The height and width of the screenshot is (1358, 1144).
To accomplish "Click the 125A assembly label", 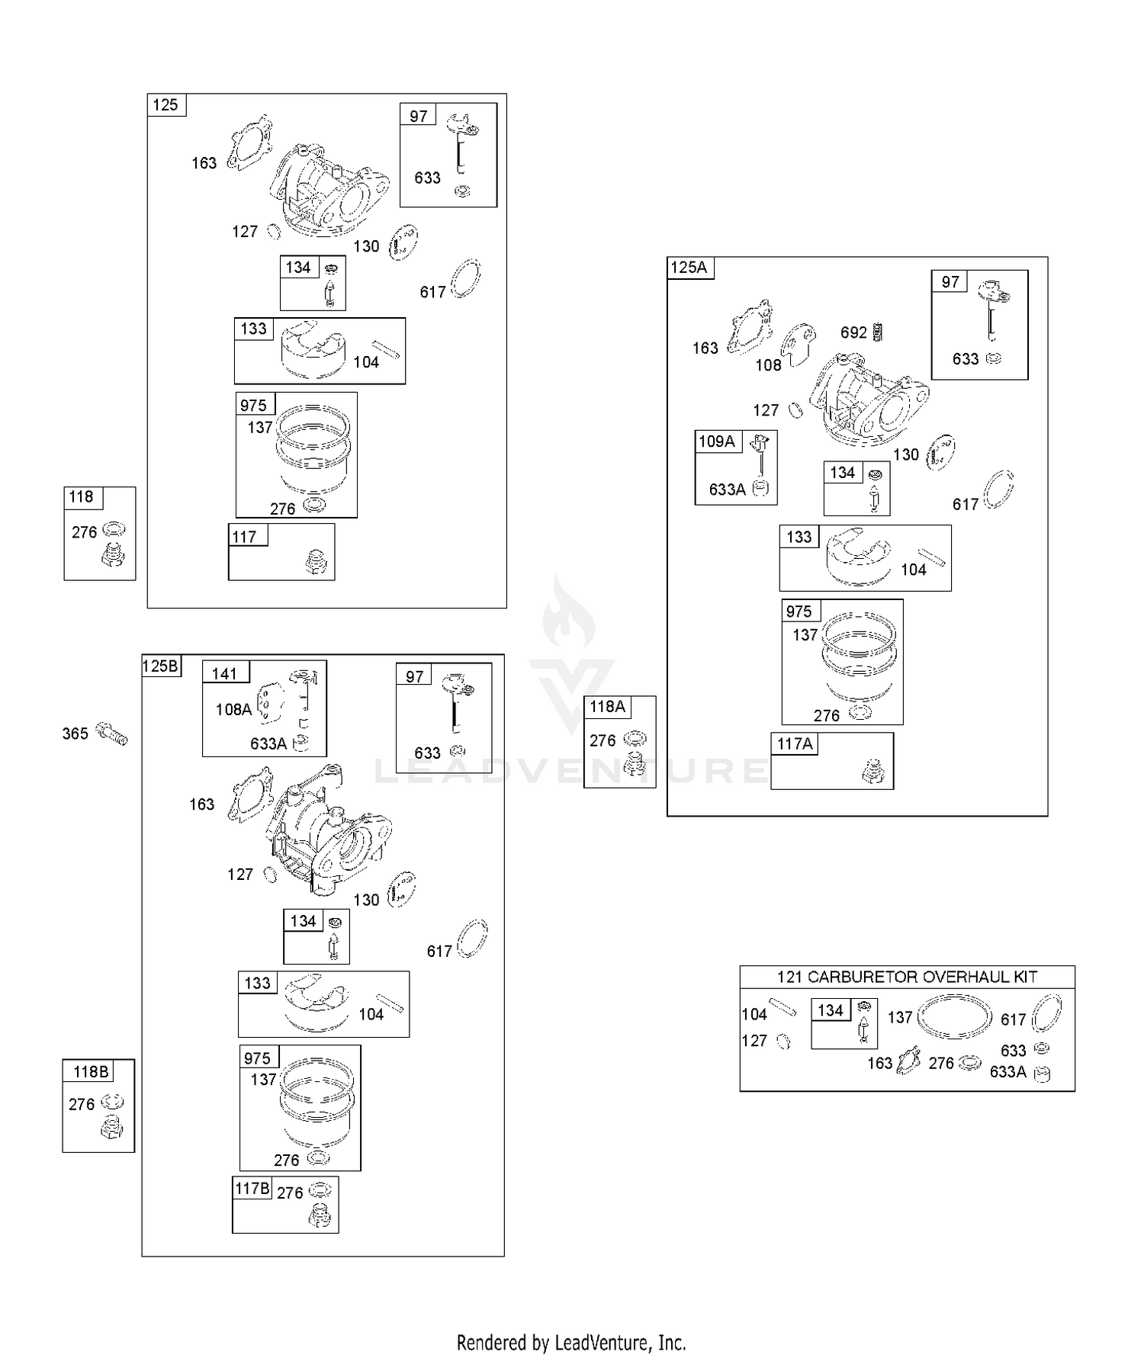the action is tap(689, 268).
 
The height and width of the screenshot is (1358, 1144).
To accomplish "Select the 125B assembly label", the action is tap(161, 666).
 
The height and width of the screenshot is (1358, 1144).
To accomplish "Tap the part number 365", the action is tap(76, 734).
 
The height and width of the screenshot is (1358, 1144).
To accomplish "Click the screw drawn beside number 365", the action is tap(112, 734).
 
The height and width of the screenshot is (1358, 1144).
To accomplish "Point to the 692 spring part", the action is tap(877, 332).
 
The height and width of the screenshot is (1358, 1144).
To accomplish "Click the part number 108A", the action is tap(233, 710).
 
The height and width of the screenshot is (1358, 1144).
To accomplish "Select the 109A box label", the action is tap(717, 441).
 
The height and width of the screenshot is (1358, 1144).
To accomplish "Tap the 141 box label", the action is tap(225, 674).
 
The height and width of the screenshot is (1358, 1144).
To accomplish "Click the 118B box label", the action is tap(91, 1072).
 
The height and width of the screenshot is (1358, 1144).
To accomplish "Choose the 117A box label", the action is tap(795, 744).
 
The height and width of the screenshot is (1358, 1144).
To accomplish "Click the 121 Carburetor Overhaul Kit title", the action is tap(907, 977).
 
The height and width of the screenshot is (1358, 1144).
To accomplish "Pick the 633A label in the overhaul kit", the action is tap(1007, 1072).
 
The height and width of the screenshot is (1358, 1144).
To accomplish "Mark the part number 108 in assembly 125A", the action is tap(769, 365).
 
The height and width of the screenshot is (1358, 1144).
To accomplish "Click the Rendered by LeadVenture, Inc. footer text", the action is tap(571, 1343).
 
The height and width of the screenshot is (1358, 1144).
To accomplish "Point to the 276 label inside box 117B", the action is tap(290, 1193).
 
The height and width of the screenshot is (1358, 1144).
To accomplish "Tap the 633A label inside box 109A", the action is tap(727, 490).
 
